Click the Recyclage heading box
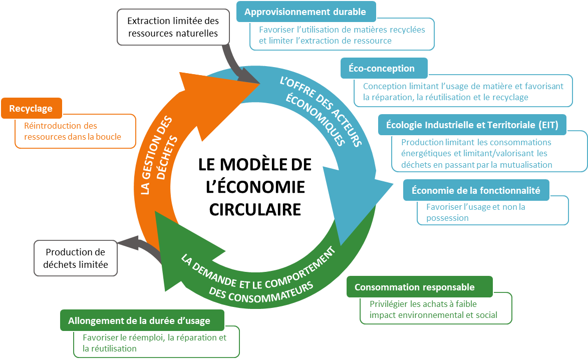[x=32, y=109]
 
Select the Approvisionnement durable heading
[x=305, y=12]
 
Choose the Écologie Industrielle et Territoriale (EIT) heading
[x=472, y=124]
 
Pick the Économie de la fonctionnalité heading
[x=475, y=190]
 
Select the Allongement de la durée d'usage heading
[x=142, y=320]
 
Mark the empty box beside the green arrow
[x=75, y=258]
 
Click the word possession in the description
[x=447, y=218]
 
